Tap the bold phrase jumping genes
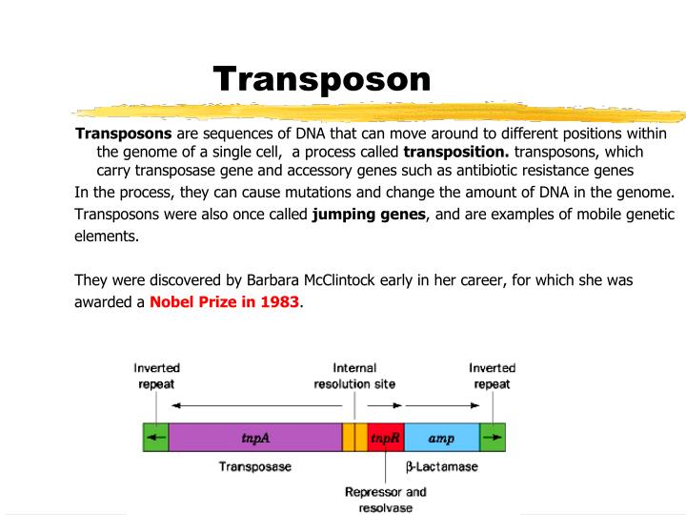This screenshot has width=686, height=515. point(369,215)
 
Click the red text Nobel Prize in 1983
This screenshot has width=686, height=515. point(224,302)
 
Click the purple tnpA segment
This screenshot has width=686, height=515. point(254,438)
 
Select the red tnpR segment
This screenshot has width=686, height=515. point(385,438)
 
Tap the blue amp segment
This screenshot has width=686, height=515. point(441,438)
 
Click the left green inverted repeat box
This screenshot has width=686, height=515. point(155,438)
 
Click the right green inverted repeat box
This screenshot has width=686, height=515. point(492,438)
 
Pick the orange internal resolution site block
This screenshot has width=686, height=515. point(354,438)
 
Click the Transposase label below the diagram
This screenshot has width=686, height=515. point(254,467)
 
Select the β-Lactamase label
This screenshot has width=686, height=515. point(442,467)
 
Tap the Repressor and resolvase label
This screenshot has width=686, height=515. point(385,500)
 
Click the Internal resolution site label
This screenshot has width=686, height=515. point(354,376)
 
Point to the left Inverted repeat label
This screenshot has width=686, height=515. point(156,376)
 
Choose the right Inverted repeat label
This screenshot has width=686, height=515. point(492,376)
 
